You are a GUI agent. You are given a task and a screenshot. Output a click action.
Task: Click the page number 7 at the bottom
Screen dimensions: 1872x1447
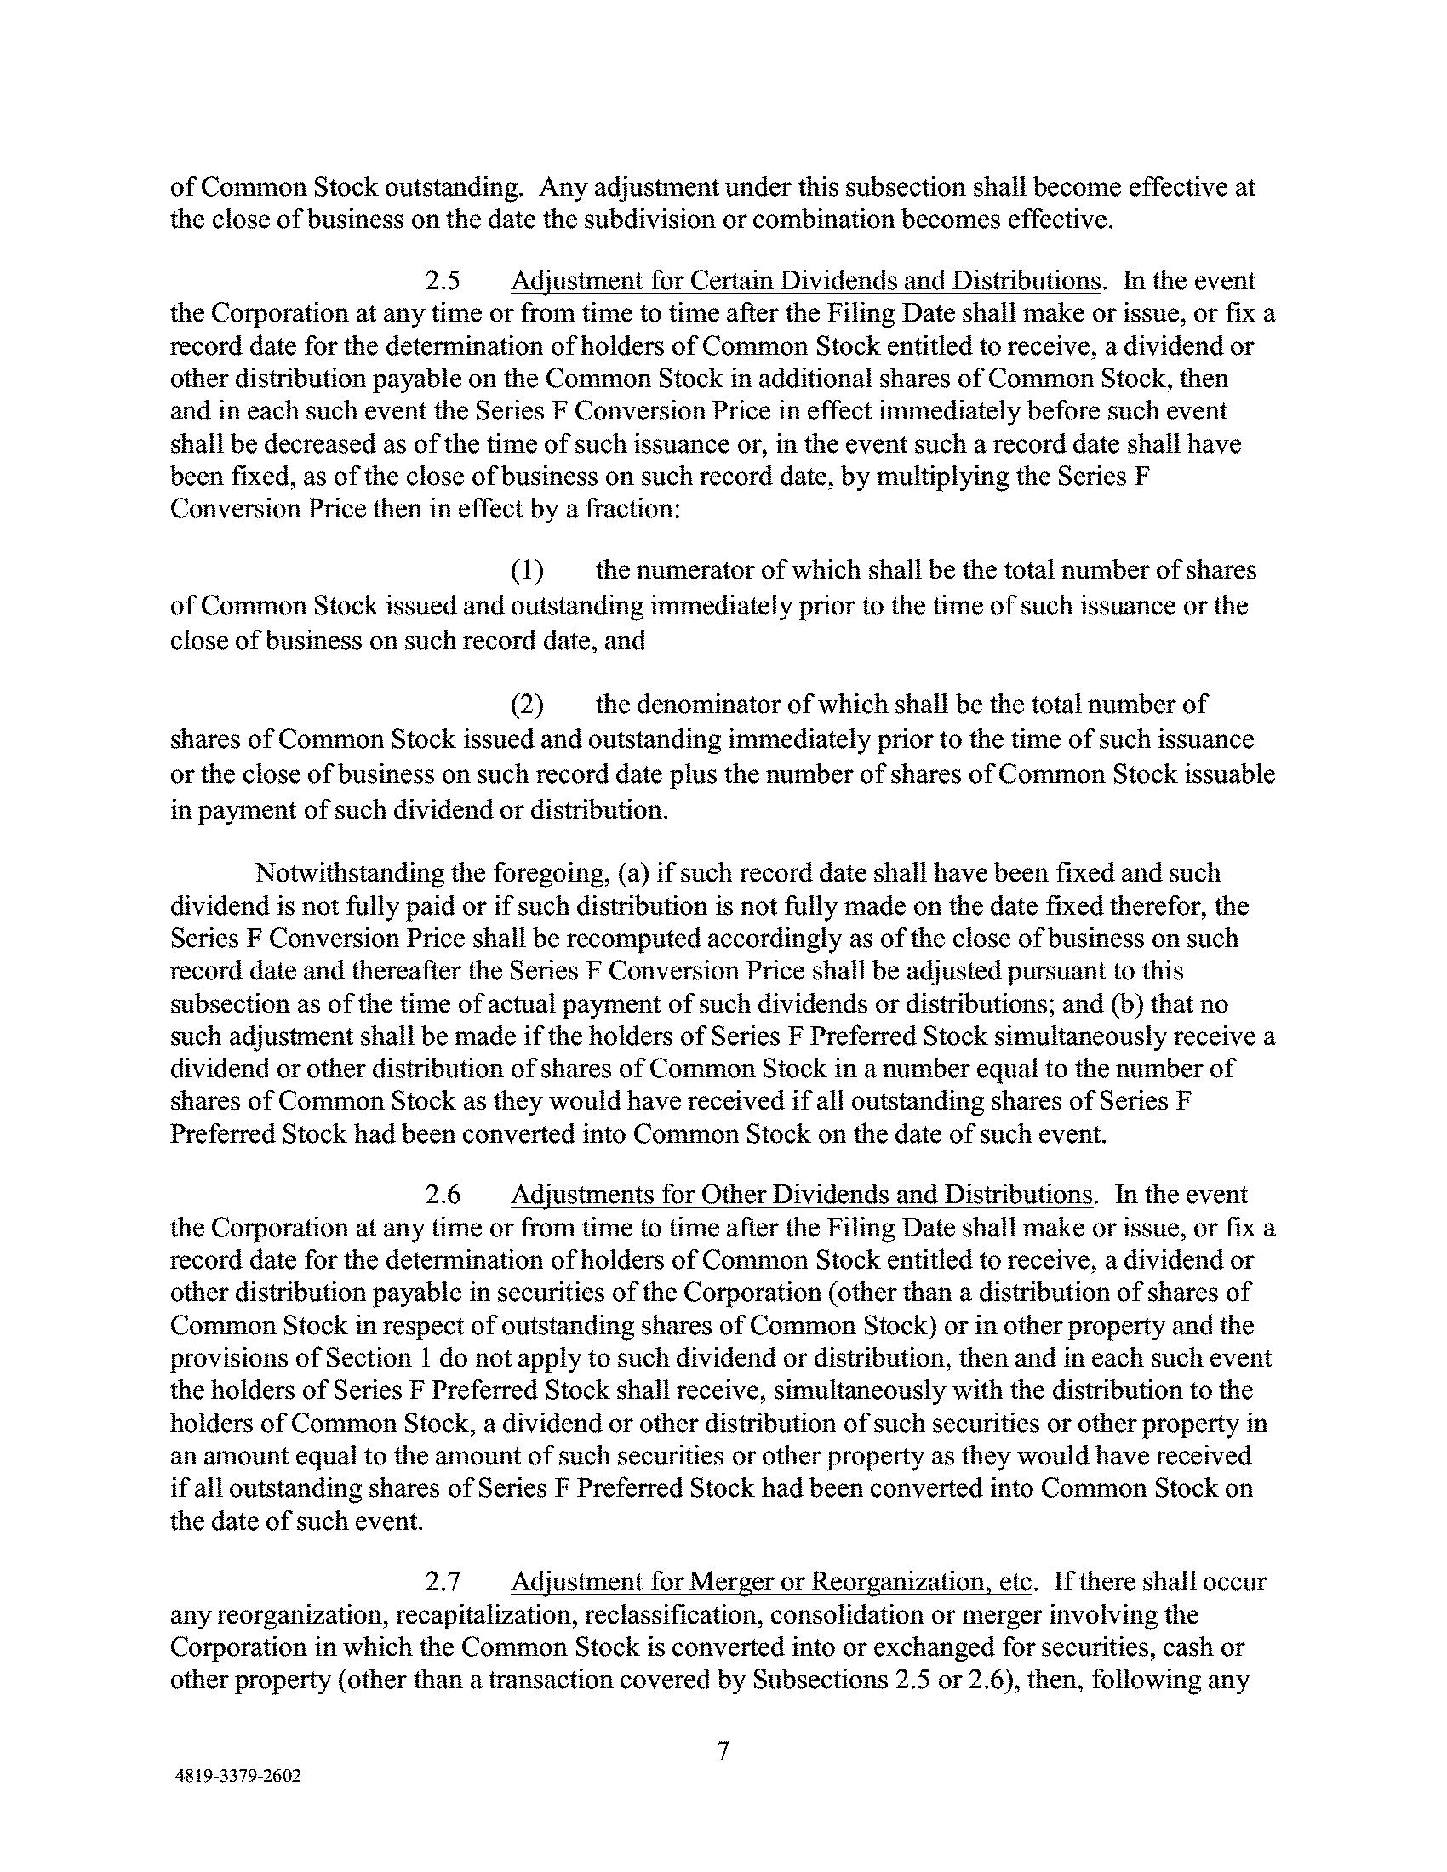pyautogui.click(x=723, y=1749)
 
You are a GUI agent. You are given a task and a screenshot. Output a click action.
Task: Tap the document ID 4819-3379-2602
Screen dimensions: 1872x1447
pyautogui.click(x=237, y=1776)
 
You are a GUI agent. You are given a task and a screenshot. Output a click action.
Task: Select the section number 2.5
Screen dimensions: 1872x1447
pyautogui.click(x=443, y=281)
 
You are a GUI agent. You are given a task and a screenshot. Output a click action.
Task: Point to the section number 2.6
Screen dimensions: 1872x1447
pyautogui.click(x=443, y=1195)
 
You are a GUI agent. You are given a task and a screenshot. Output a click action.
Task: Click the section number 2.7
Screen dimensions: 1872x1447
pyautogui.click(x=443, y=1581)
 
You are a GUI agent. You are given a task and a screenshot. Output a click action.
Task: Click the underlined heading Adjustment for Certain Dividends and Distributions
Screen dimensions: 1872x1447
pyautogui.click(x=805, y=281)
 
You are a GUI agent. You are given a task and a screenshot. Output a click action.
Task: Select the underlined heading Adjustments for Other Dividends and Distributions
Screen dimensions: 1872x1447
pyautogui.click(x=802, y=1195)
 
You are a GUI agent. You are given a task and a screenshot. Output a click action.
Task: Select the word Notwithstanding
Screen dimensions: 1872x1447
pyautogui.click(x=340, y=872)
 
